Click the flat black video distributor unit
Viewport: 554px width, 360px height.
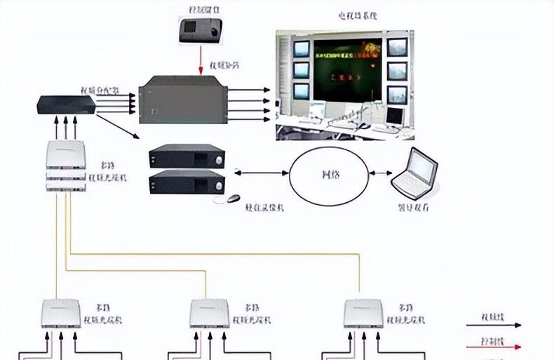pyautogui.click(x=67, y=105)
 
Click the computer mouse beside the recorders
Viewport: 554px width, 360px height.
pyautogui.click(x=232, y=199)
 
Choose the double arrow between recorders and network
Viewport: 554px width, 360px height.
pyautogui.click(x=262, y=173)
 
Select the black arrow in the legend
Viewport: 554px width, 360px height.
pyautogui.click(x=494, y=325)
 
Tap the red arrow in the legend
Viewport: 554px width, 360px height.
pyautogui.click(x=494, y=346)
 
